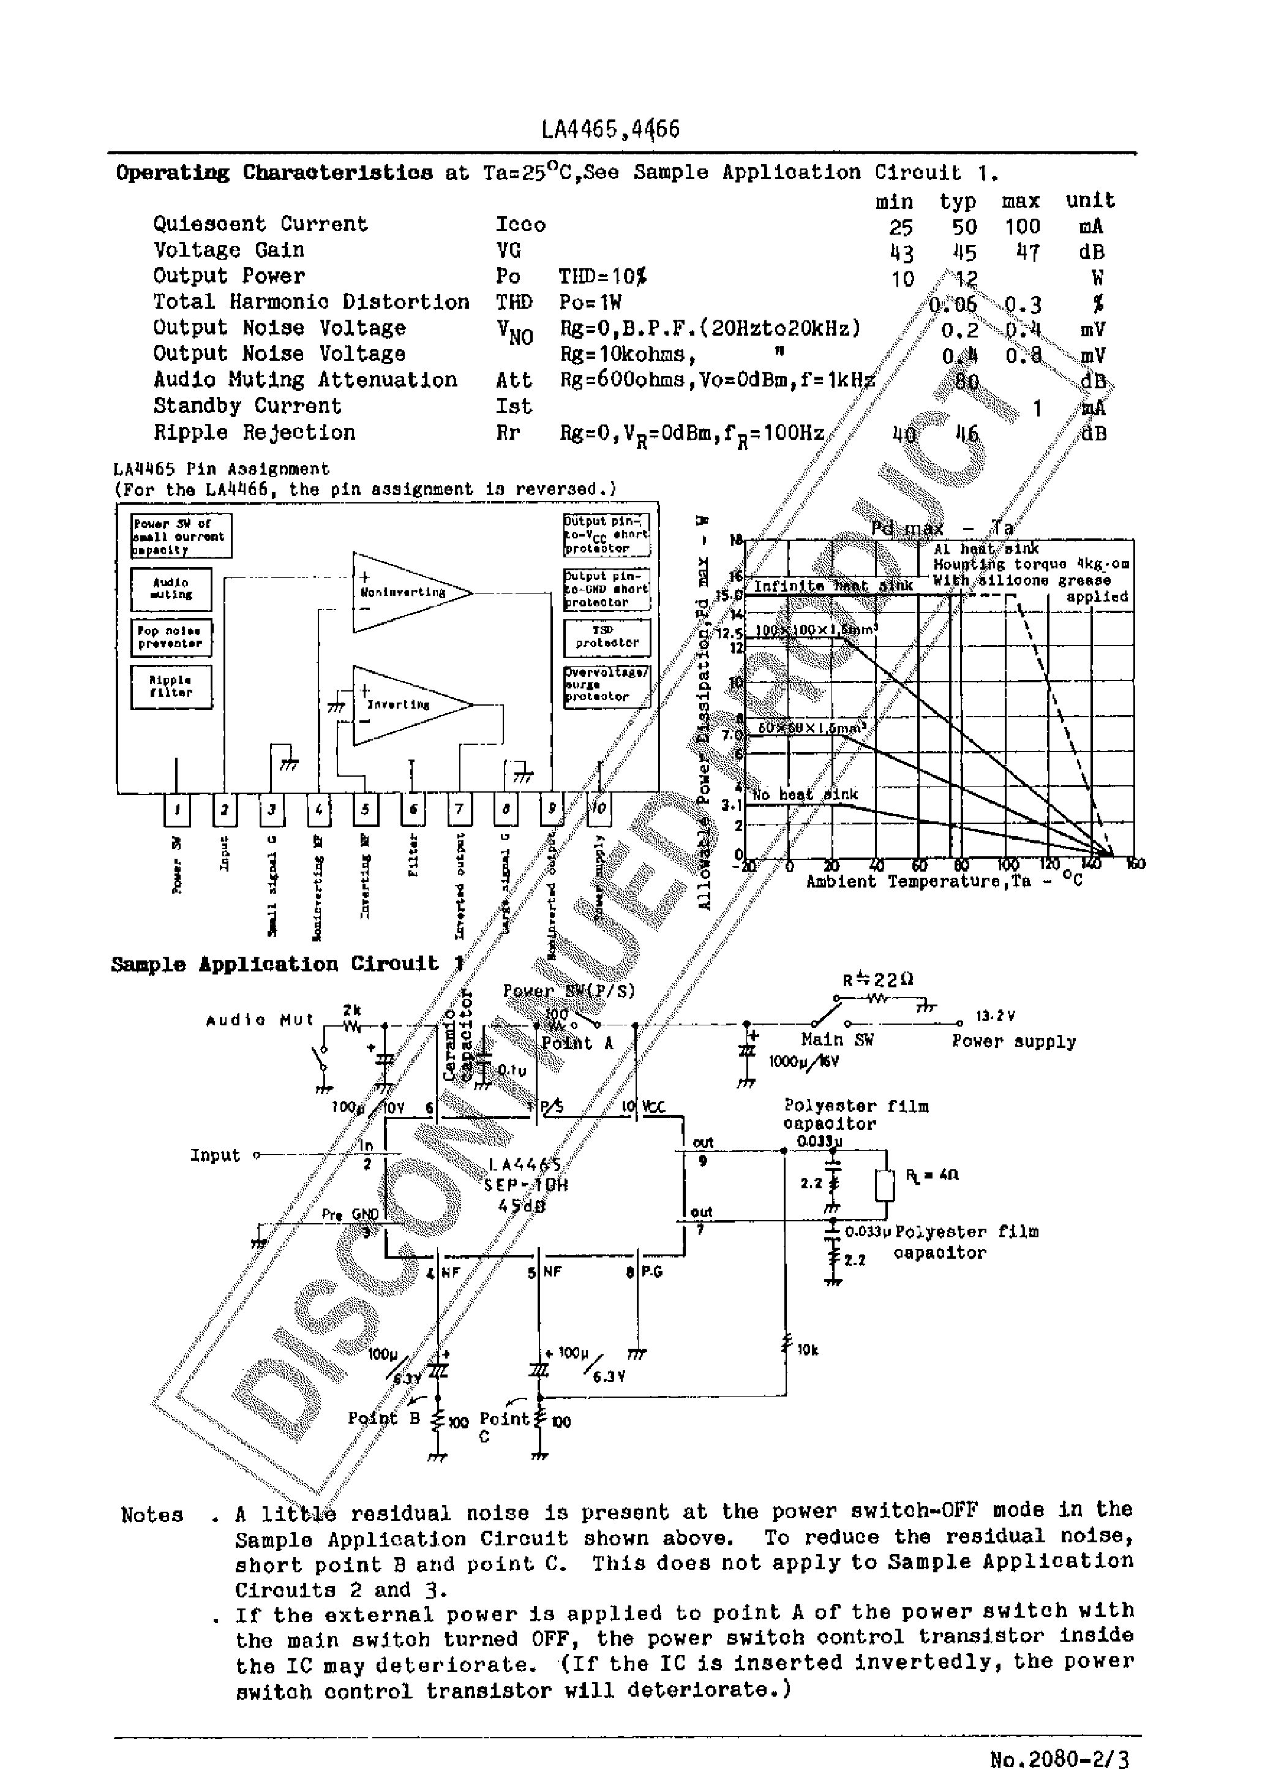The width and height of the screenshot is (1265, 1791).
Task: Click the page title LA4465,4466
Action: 610,129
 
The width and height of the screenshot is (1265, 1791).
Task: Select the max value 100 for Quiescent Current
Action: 1022,227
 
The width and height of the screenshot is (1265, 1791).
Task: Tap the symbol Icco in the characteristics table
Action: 520,225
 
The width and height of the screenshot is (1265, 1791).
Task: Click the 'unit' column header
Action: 1090,200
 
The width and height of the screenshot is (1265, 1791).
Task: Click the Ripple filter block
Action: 171,687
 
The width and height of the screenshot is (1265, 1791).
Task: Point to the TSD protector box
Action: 607,637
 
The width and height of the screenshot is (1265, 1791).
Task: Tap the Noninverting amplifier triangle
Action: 405,592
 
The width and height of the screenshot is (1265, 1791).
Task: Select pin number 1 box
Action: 177,810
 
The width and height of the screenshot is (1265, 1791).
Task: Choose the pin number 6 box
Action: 413,810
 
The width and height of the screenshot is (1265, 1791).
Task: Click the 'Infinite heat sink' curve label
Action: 832,586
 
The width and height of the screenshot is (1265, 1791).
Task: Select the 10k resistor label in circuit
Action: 807,1349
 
